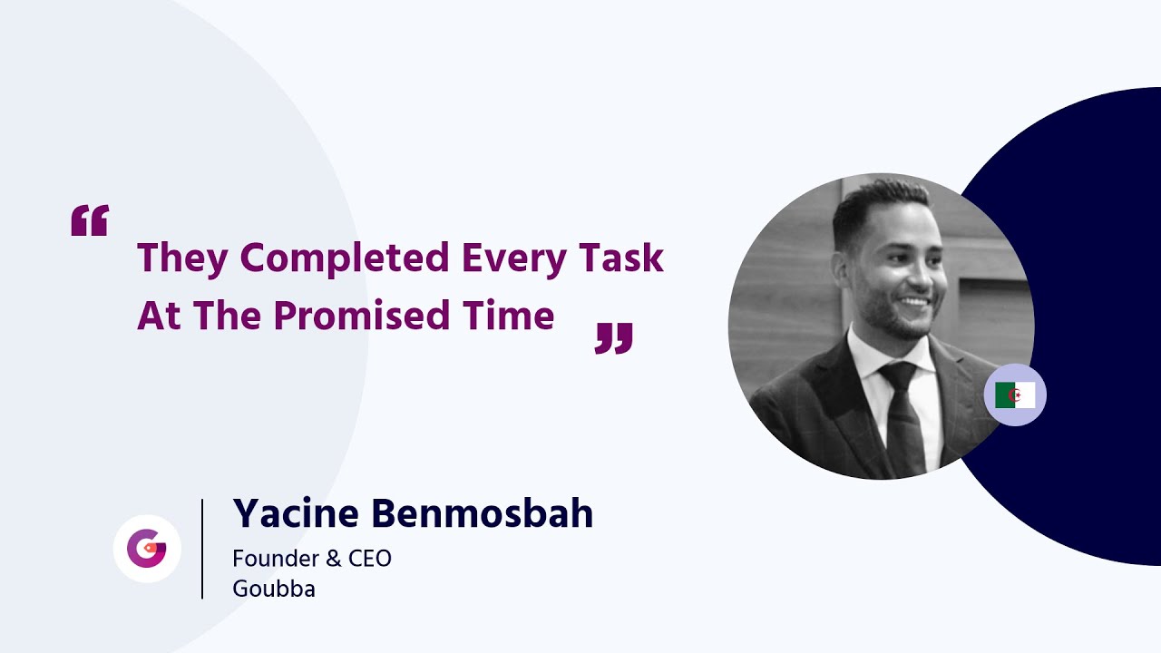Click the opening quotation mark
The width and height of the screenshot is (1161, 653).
click(90, 220)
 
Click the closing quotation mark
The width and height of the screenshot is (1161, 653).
click(614, 337)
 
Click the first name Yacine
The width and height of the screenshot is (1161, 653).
click(296, 514)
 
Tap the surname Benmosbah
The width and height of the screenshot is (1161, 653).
click(483, 514)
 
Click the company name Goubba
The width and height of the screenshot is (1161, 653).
click(274, 589)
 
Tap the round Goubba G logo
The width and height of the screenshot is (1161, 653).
click(147, 549)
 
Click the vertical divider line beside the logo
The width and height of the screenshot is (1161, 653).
click(202, 549)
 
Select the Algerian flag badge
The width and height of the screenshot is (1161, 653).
click(1015, 395)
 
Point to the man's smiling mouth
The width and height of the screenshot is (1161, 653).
click(913, 302)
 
